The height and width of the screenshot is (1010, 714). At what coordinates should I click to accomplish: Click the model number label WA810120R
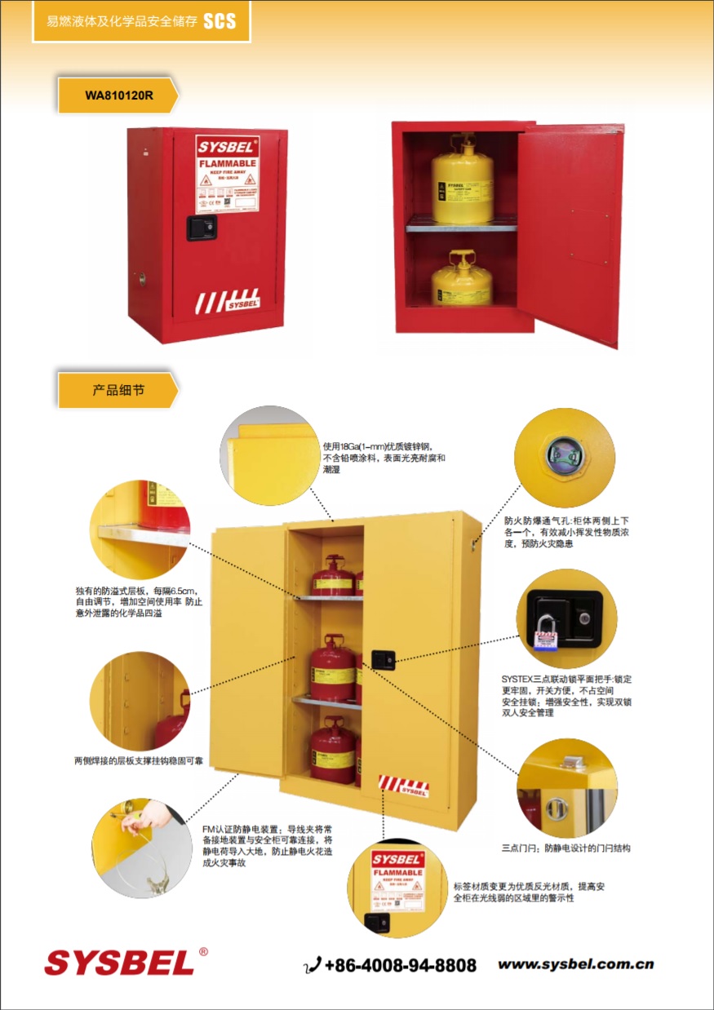pyautogui.click(x=118, y=95)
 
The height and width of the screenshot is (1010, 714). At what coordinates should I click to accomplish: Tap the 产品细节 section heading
pyautogui.click(x=118, y=391)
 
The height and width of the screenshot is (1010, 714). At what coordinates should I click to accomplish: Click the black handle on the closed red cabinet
pyautogui.click(x=199, y=228)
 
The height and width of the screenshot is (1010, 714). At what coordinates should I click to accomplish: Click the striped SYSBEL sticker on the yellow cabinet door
pyautogui.click(x=403, y=785)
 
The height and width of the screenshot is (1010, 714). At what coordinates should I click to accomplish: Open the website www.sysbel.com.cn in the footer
pyautogui.click(x=576, y=965)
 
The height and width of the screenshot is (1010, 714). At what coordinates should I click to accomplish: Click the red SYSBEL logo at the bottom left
pyautogui.click(x=119, y=963)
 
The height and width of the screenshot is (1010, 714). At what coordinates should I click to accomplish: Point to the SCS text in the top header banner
pyautogui.click(x=220, y=22)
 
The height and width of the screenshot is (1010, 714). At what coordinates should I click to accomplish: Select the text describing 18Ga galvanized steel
pyautogui.click(x=384, y=458)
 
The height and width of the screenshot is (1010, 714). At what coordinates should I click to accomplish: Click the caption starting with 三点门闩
pyautogui.click(x=565, y=848)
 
